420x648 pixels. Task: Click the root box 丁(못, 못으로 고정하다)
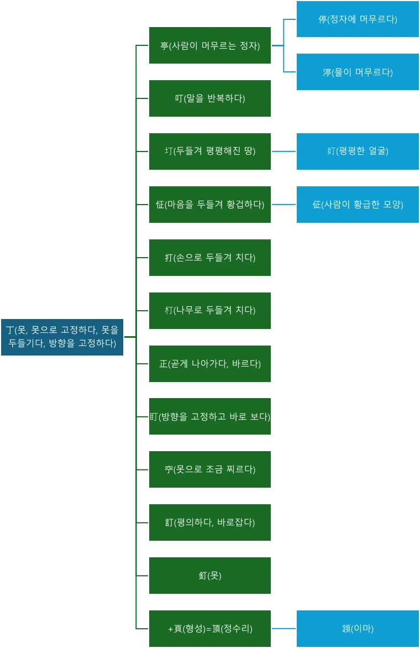click(x=62, y=337)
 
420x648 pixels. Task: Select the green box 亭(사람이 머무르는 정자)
click(x=210, y=45)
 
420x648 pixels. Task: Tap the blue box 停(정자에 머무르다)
click(x=358, y=19)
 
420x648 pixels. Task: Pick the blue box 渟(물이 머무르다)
click(x=358, y=72)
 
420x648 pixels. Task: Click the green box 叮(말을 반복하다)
click(x=210, y=98)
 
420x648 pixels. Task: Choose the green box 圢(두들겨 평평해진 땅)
click(x=210, y=151)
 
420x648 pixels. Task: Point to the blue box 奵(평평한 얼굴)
click(x=358, y=151)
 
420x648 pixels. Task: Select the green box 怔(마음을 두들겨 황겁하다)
click(x=210, y=205)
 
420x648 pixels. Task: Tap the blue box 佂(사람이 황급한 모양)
click(x=358, y=205)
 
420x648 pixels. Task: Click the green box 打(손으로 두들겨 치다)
click(x=210, y=258)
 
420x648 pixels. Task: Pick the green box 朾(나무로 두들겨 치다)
click(x=210, y=311)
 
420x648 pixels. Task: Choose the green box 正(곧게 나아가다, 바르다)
click(x=210, y=364)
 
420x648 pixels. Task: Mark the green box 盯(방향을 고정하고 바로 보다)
click(x=210, y=416)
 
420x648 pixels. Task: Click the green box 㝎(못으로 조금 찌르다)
click(x=210, y=469)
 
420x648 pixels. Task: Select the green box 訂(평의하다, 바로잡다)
click(x=210, y=522)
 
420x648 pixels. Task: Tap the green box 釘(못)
click(x=210, y=576)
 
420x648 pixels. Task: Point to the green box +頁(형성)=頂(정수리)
click(x=210, y=629)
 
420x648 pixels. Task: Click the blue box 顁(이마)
click(x=358, y=629)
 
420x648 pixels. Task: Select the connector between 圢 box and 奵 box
click(x=284, y=152)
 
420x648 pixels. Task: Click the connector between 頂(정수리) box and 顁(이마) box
click(x=284, y=628)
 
